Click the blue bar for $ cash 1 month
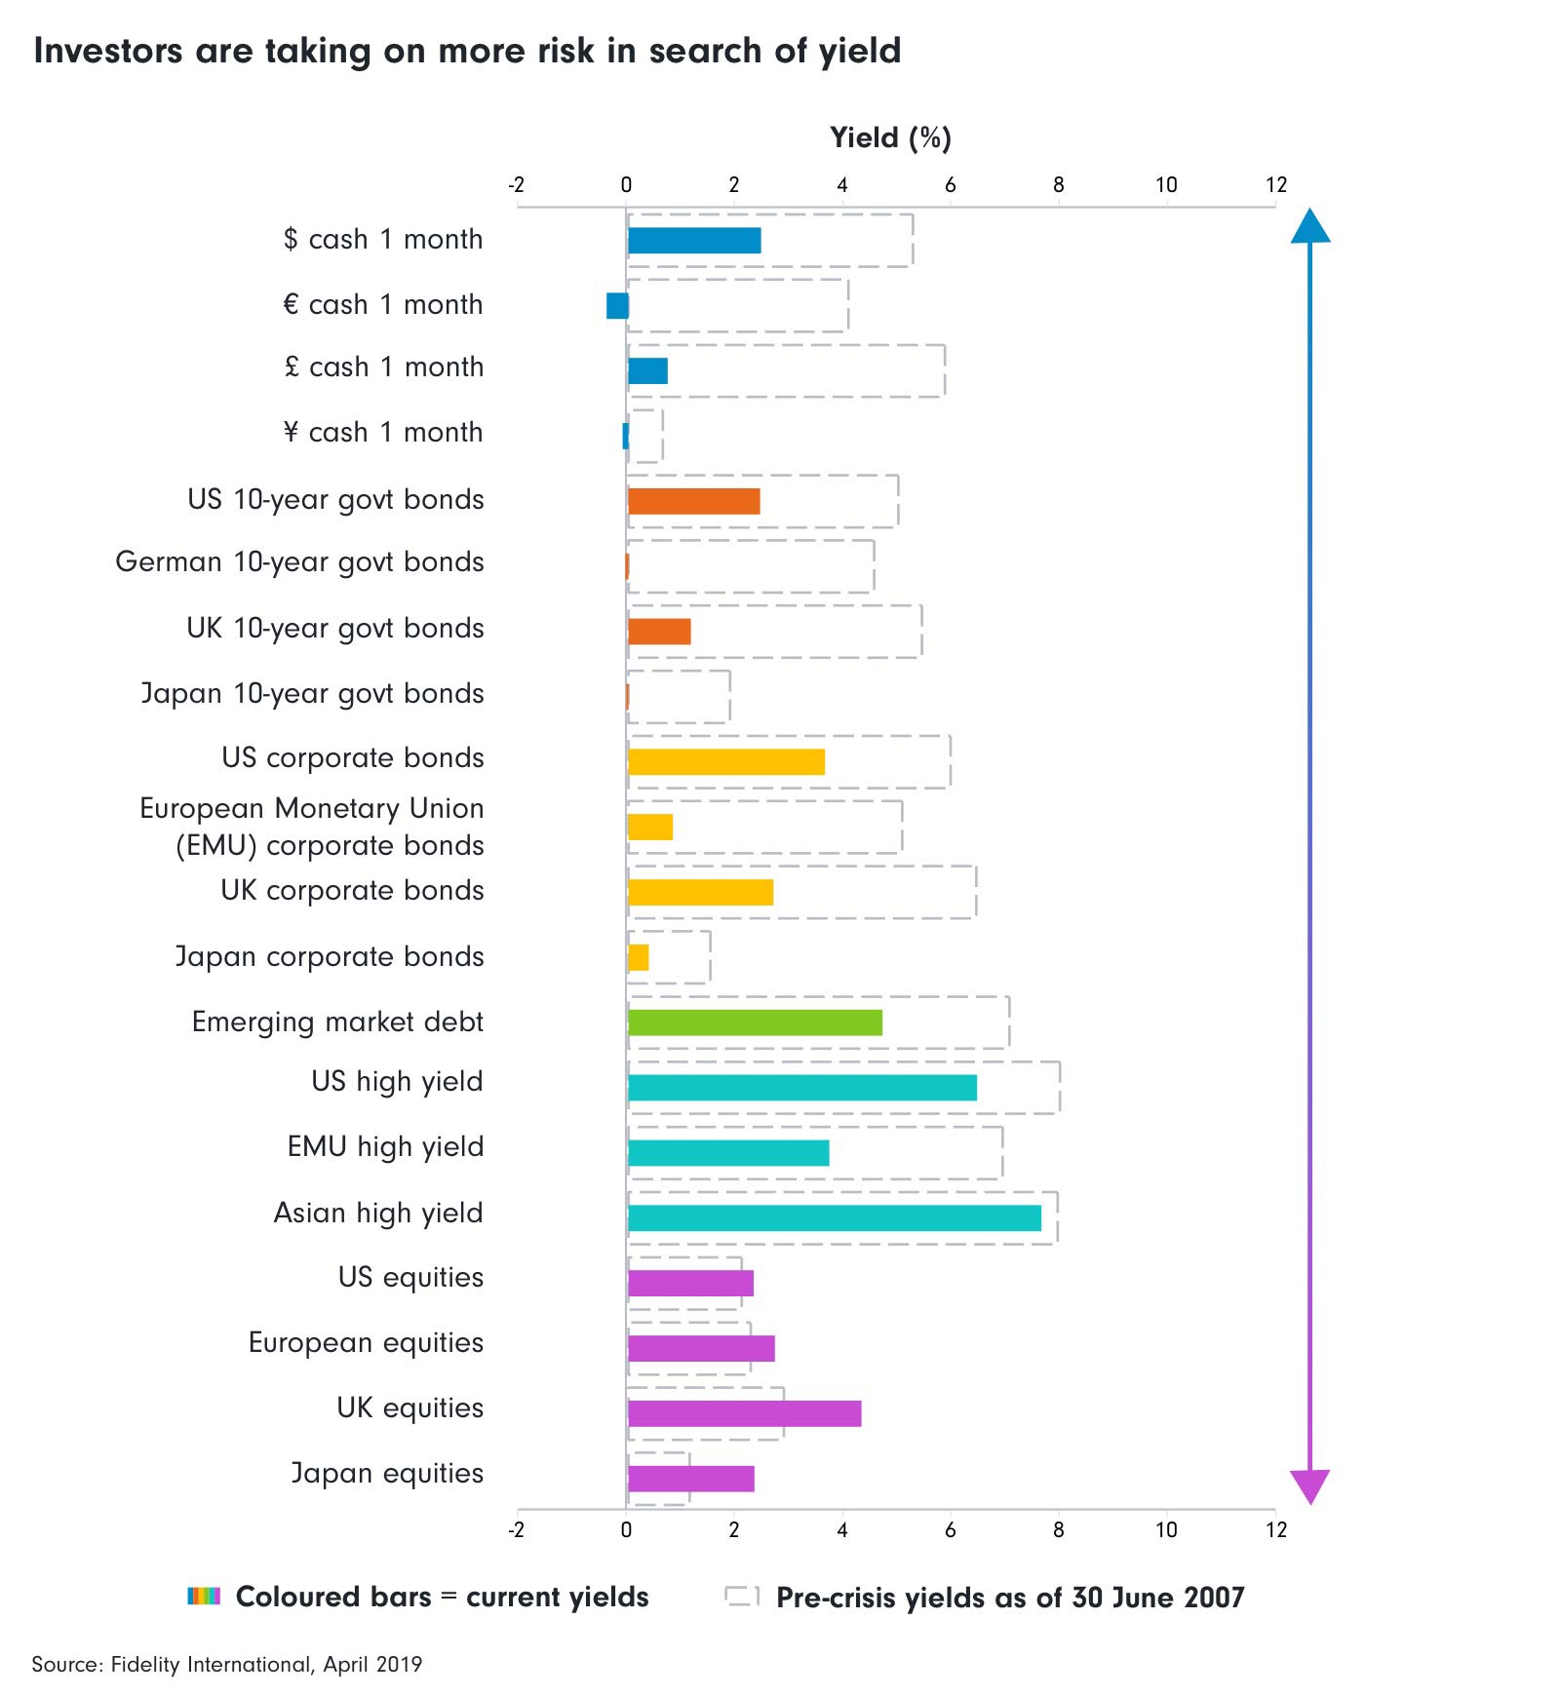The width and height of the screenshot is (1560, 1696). (x=694, y=241)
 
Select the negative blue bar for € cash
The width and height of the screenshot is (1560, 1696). (x=617, y=306)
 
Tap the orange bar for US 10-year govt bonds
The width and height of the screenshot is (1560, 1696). (x=693, y=501)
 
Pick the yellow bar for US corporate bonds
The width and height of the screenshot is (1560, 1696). (x=726, y=762)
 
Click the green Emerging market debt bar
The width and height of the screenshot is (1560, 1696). (x=755, y=1022)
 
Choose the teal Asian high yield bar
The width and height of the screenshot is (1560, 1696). (x=835, y=1218)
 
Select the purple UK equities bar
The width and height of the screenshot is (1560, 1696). (x=745, y=1413)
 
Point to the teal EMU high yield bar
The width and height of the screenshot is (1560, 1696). (x=728, y=1153)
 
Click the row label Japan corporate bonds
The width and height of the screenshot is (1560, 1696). (x=330, y=957)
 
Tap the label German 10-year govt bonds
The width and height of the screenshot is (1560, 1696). (x=299, y=562)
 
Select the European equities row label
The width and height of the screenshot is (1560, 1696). (x=366, y=1343)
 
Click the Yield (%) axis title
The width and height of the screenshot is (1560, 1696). (x=890, y=138)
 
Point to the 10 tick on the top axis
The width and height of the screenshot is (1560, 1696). (x=1166, y=185)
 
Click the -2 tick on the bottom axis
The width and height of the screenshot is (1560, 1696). (x=516, y=1530)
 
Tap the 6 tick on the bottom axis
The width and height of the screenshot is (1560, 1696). (x=950, y=1530)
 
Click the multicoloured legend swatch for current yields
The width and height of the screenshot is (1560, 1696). (x=204, y=1597)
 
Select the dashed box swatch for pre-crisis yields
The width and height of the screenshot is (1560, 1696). (x=741, y=1596)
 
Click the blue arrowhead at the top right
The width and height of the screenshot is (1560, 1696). (x=1310, y=227)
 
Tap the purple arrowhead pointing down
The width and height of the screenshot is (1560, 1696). (x=1310, y=1485)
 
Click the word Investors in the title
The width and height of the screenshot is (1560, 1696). (x=107, y=51)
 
